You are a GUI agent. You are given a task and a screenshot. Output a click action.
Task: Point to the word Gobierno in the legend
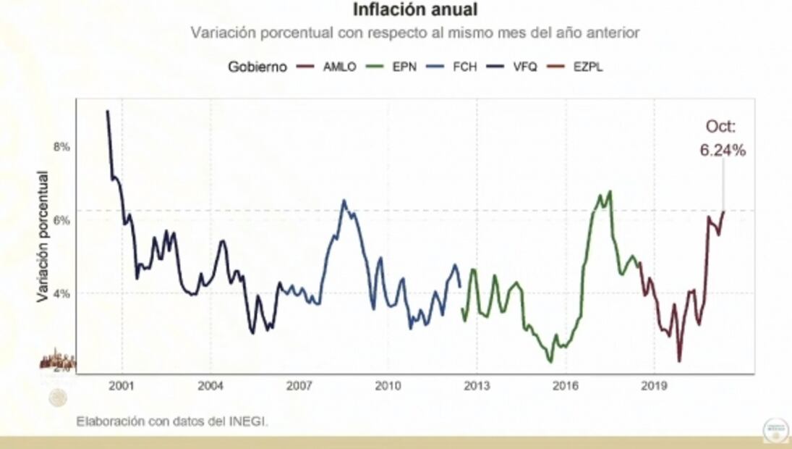pos(257,67)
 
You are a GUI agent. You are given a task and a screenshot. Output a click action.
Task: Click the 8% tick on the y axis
pos(61,146)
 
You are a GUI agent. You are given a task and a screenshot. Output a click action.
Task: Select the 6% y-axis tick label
pos(61,220)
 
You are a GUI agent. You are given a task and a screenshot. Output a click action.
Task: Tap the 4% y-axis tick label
pos(61,294)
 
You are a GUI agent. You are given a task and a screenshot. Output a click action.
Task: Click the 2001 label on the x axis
pos(121,385)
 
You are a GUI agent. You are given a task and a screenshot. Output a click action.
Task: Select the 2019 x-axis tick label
pos(654,385)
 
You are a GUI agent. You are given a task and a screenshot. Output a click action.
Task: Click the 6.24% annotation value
pos(722,151)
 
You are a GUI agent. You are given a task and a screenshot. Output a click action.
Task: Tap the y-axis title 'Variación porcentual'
pos(43,236)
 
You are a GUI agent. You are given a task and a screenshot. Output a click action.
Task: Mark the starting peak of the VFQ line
pos(108,112)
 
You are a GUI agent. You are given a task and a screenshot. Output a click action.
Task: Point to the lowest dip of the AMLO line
pos(679,361)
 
